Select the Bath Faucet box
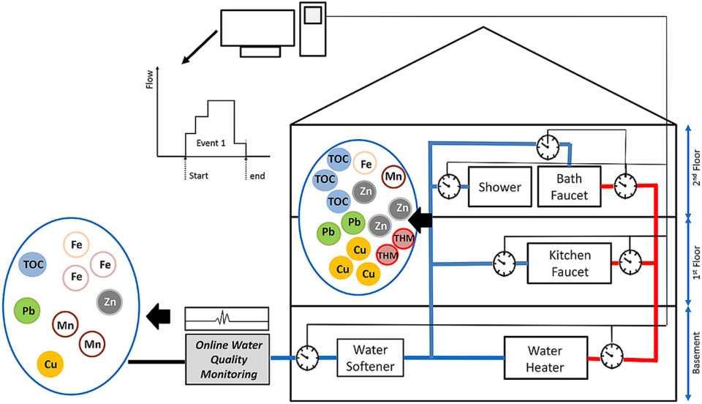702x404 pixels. click(568, 186)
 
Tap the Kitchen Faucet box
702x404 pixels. click(569, 263)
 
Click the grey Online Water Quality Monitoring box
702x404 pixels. click(226, 354)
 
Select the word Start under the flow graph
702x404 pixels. click(199, 176)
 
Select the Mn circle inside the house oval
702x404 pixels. click(393, 176)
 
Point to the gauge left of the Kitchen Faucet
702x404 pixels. click(503, 262)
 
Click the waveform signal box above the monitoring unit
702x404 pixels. click(226, 318)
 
